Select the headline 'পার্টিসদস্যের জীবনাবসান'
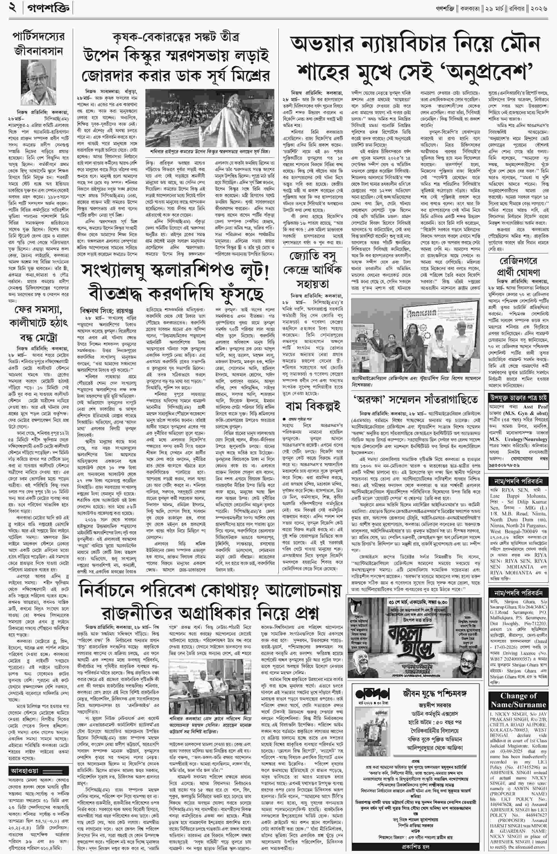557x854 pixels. point(38,45)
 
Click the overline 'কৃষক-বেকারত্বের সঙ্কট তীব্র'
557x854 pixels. point(176,37)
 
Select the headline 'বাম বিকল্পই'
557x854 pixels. point(312,406)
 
